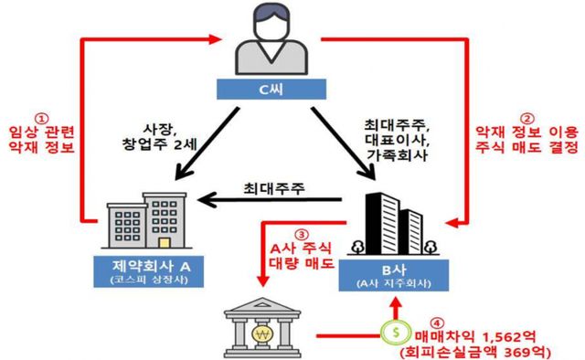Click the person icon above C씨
coord(272,42)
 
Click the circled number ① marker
coord(40,119)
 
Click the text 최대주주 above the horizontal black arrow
coord(273,189)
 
